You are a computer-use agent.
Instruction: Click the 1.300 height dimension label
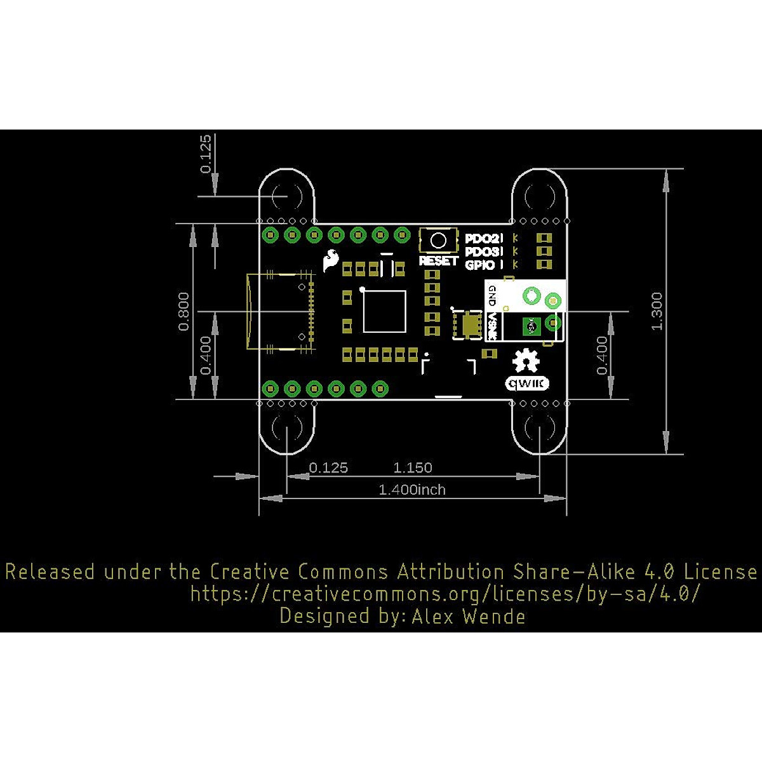pyautogui.click(x=657, y=311)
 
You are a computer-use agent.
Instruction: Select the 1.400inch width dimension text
pyautogui.click(x=412, y=490)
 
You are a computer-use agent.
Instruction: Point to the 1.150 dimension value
pyautogui.click(x=413, y=468)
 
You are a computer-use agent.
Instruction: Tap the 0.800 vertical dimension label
pyautogui.click(x=184, y=311)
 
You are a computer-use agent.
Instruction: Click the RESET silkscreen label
pyautogui.click(x=438, y=260)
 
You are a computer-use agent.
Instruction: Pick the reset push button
pyautogui.click(x=438, y=240)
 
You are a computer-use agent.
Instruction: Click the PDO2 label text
pyautogui.click(x=483, y=239)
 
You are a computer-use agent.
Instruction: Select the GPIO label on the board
pyautogui.click(x=480, y=265)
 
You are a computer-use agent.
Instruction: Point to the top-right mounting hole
pyautogui.click(x=540, y=196)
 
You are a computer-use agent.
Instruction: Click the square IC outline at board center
pyautogui.click(x=384, y=311)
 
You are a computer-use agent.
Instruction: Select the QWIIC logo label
pyautogui.click(x=527, y=384)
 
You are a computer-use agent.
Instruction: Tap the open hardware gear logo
pyautogui.click(x=526, y=361)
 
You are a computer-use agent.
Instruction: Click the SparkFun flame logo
pyautogui.click(x=331, y=260)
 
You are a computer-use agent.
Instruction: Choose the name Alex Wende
pyautogui.click(x=469, y=616)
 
